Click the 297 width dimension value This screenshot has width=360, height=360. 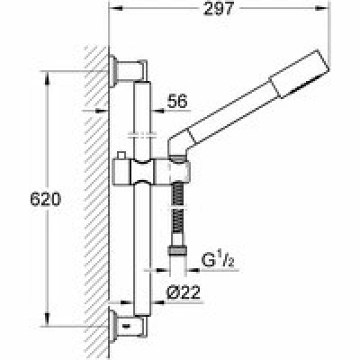218,9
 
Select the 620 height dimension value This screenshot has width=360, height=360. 46,199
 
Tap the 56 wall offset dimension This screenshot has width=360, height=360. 177,101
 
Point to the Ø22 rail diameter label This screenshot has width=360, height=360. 184,292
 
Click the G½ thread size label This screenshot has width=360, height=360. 218,260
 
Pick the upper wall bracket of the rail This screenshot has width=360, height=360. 129,71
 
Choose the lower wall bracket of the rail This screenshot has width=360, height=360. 129,326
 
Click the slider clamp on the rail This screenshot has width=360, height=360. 142,172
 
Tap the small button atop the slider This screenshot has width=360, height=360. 121,156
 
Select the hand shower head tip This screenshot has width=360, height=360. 300,74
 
